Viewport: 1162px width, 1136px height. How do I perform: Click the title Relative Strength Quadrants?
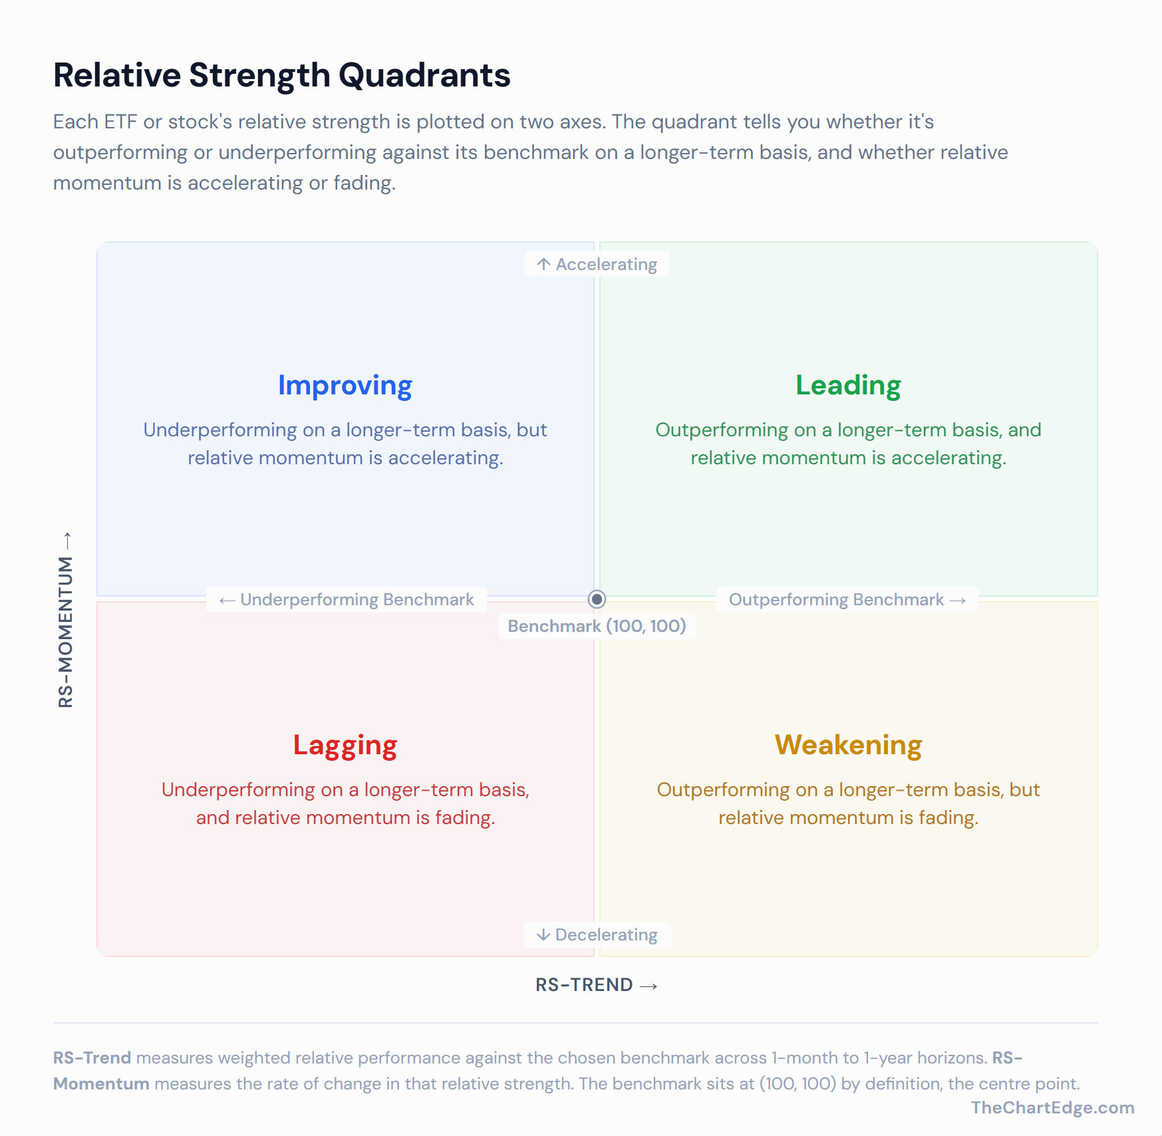(x=281, y=75)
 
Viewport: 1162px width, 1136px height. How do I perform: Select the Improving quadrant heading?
(x=345, y=386)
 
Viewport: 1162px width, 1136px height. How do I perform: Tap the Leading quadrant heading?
(x=848, y=386)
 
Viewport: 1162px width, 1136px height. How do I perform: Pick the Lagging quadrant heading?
(x=345, y=746)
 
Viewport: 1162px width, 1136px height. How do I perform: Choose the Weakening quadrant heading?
(x=848, y=746)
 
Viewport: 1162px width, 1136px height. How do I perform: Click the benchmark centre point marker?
(x=597, y=599)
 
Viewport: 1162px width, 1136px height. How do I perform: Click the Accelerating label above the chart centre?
(x=606, y=265)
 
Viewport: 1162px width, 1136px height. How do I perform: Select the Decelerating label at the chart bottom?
(x=606, y=935)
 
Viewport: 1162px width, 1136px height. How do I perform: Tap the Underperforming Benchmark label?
(x=357, y=600)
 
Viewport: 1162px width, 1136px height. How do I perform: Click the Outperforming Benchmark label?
(x=836, y=600)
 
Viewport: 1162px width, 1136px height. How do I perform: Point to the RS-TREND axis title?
(x=584, y=985)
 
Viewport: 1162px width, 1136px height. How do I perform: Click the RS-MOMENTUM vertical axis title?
(x=66, y=632)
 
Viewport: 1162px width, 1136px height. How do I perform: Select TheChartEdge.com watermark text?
(x=1052, y=1107)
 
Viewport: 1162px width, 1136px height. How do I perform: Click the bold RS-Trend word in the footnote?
(x=92, y=1058)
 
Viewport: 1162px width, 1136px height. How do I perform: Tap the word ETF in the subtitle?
(x=120, y=122)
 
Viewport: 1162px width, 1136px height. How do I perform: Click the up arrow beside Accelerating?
(x=543, y=265)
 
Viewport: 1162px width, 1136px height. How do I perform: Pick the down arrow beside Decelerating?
(x=543, y=935)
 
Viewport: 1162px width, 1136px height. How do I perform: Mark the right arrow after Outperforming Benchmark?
(x=958, y=601)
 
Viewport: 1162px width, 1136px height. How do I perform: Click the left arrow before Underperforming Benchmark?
(x=227, y=601)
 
